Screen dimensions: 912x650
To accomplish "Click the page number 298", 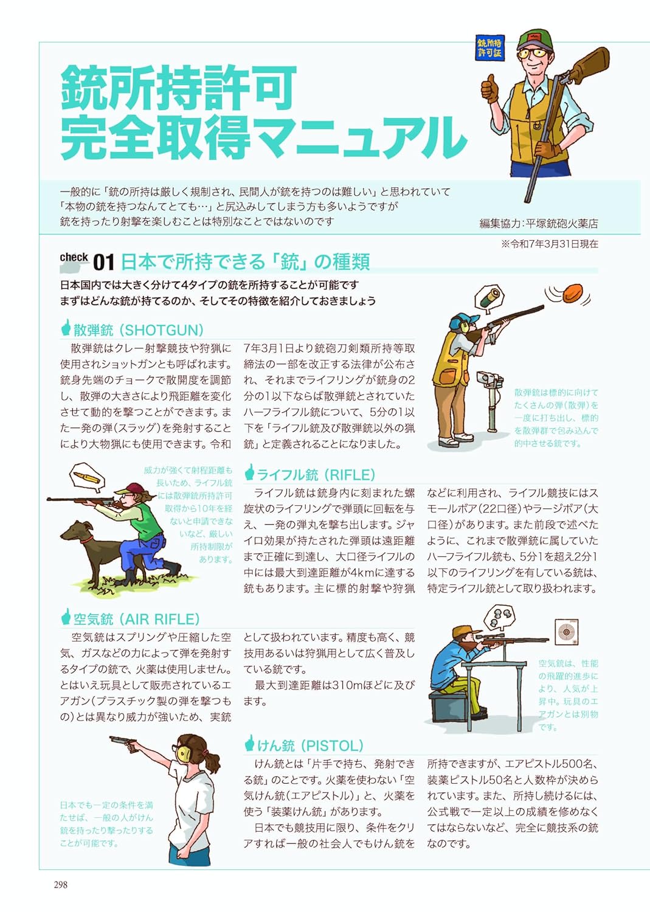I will click(x=60, y=885).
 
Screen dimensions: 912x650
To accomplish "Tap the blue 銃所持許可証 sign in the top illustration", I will click(x=489, y=48).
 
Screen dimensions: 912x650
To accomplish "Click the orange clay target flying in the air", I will click(x=572, y=294).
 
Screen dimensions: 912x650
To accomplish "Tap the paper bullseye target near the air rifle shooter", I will click(x=566, y=632).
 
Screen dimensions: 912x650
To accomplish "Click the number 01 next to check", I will click(x=103, y=263).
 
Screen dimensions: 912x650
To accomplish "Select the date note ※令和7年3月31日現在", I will click(x=549, y=244).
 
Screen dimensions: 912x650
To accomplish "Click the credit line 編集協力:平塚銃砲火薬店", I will click(x=538, y=223).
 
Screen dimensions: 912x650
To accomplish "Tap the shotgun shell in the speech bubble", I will click(x=490, y=297).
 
